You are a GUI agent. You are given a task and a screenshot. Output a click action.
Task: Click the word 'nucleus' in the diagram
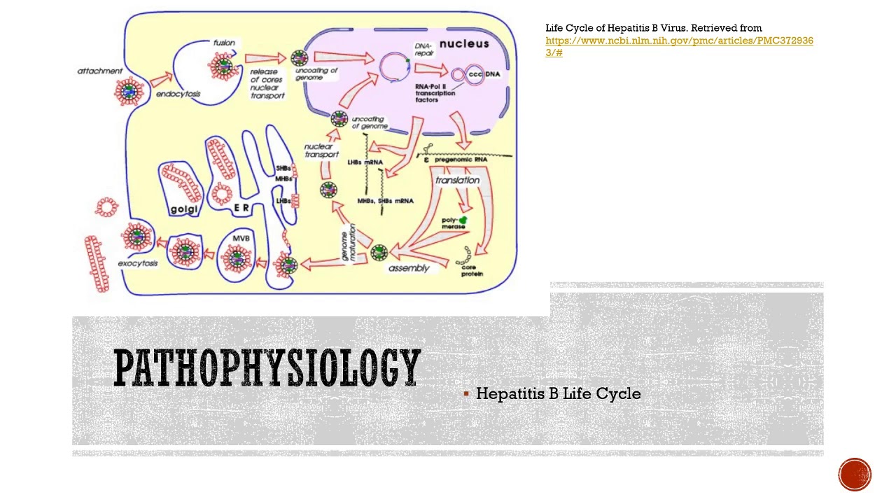tap(464, 44)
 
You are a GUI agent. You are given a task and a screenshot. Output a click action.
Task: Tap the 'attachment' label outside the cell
tap(99, 71)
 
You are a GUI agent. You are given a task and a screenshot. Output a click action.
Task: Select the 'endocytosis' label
tap(178, 94)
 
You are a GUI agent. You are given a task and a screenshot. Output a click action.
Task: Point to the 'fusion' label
tap(224, 43)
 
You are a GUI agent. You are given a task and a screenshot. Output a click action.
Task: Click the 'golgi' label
tap(184, 209)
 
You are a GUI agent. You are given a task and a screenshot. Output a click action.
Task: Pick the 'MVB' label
tap(242, 239)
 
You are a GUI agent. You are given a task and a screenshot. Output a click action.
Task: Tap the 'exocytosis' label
tap(138, 263)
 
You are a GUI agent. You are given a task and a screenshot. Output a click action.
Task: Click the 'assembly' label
tap(409, 268)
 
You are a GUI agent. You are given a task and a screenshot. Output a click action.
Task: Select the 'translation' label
tap(458, 180)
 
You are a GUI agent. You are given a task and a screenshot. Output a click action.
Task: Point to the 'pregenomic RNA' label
tap(461, 160)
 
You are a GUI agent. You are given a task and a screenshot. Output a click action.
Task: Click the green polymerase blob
tap(463, 220)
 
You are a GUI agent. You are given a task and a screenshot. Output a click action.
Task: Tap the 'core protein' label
tap(472, 269)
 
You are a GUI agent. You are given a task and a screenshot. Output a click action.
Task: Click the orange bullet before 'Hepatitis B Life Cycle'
tap(466, 394)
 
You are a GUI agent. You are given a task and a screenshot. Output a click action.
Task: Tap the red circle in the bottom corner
tap(855, 475)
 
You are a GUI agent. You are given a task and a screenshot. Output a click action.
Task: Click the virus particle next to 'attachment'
tap(129, 91)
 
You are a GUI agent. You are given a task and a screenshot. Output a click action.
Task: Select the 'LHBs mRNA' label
tap(365, 162)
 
